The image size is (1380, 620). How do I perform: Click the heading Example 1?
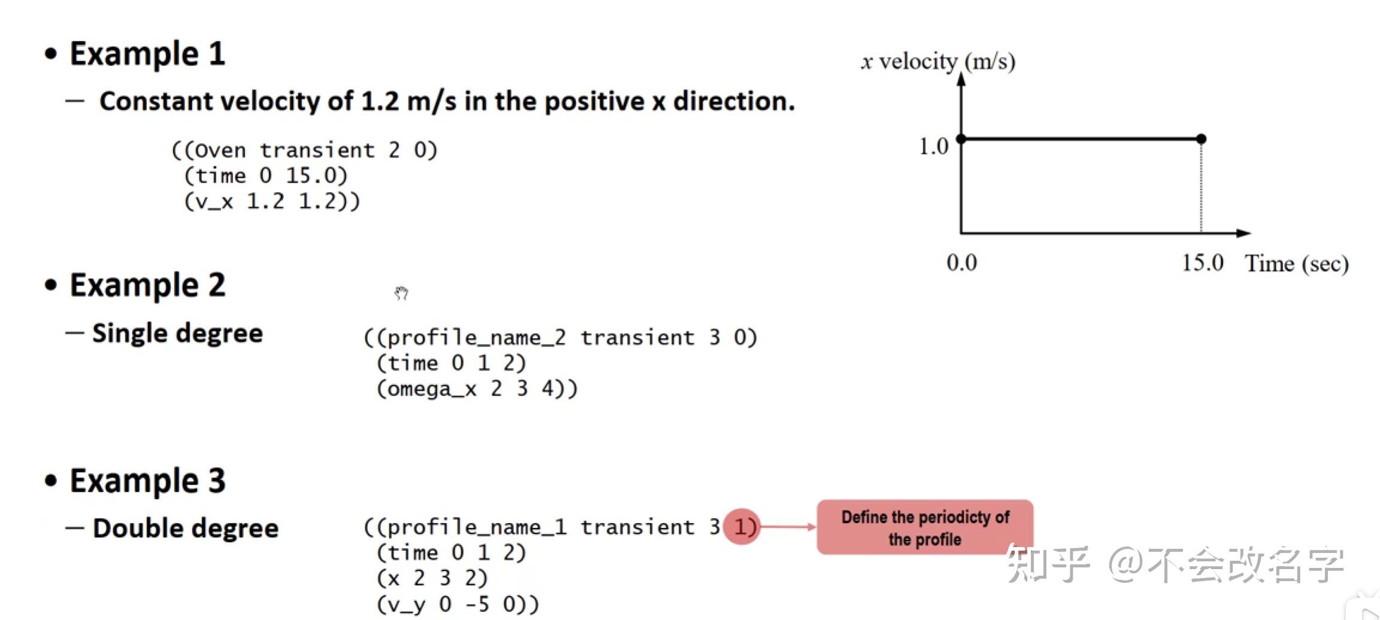tap(147, 54)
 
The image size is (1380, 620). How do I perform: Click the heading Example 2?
tap(147, 285)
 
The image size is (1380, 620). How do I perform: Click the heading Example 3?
tap(147, 481)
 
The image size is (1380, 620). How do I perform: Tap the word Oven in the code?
tap(220, 150)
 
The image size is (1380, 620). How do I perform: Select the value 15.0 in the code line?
tap(315, 176)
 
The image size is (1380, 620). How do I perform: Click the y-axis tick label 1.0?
tap(934, 146)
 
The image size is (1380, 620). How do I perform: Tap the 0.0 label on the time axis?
tap(961, 263)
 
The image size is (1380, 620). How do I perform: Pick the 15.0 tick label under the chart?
tap(1202, 263)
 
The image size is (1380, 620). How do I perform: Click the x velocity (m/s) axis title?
tap(938, 61)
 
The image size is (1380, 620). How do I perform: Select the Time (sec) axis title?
tap(1297, 263)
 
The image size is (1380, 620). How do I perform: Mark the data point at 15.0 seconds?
tap(1201, 139)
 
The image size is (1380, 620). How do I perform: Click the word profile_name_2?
tap(476, 338)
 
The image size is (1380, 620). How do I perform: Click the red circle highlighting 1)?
tap(742, 527)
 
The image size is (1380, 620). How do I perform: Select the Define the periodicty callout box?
tap(925, 527)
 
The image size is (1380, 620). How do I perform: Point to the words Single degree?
tap(177, 333)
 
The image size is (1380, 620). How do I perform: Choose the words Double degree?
tap(186, 528)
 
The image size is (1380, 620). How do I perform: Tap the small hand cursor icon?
tap(401, 293)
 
